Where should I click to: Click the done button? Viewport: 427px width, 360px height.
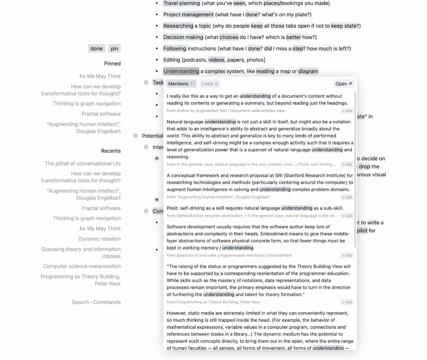click(96, 48)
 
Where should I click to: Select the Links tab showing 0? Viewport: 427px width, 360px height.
click(210, 84)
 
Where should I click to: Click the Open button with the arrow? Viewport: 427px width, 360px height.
click(343, 84)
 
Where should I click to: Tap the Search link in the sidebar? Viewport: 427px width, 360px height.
click(80, 302)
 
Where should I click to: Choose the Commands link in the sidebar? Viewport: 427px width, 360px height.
click(107, 302)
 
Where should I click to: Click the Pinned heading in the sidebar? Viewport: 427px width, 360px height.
click(112, 63)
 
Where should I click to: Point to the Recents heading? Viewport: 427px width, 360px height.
click(111, 151)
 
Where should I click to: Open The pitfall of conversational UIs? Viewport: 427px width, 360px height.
click(83, 163)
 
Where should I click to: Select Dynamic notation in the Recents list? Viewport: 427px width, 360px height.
click(99, 239)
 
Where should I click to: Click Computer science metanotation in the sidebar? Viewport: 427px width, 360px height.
click(82, 266)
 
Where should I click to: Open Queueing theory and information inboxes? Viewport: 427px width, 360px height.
click(81, 252)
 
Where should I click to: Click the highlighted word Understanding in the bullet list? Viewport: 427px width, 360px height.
click(181, 71)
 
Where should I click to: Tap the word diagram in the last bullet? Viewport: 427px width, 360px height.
click(308, 71)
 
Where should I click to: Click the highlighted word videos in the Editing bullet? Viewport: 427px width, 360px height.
click(216, 60)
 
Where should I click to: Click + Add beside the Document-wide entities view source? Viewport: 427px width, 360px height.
click(347, 111)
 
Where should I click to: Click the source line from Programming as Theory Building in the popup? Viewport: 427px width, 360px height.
click(213, 302)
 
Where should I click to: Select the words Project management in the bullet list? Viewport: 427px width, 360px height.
click(188, 14)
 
